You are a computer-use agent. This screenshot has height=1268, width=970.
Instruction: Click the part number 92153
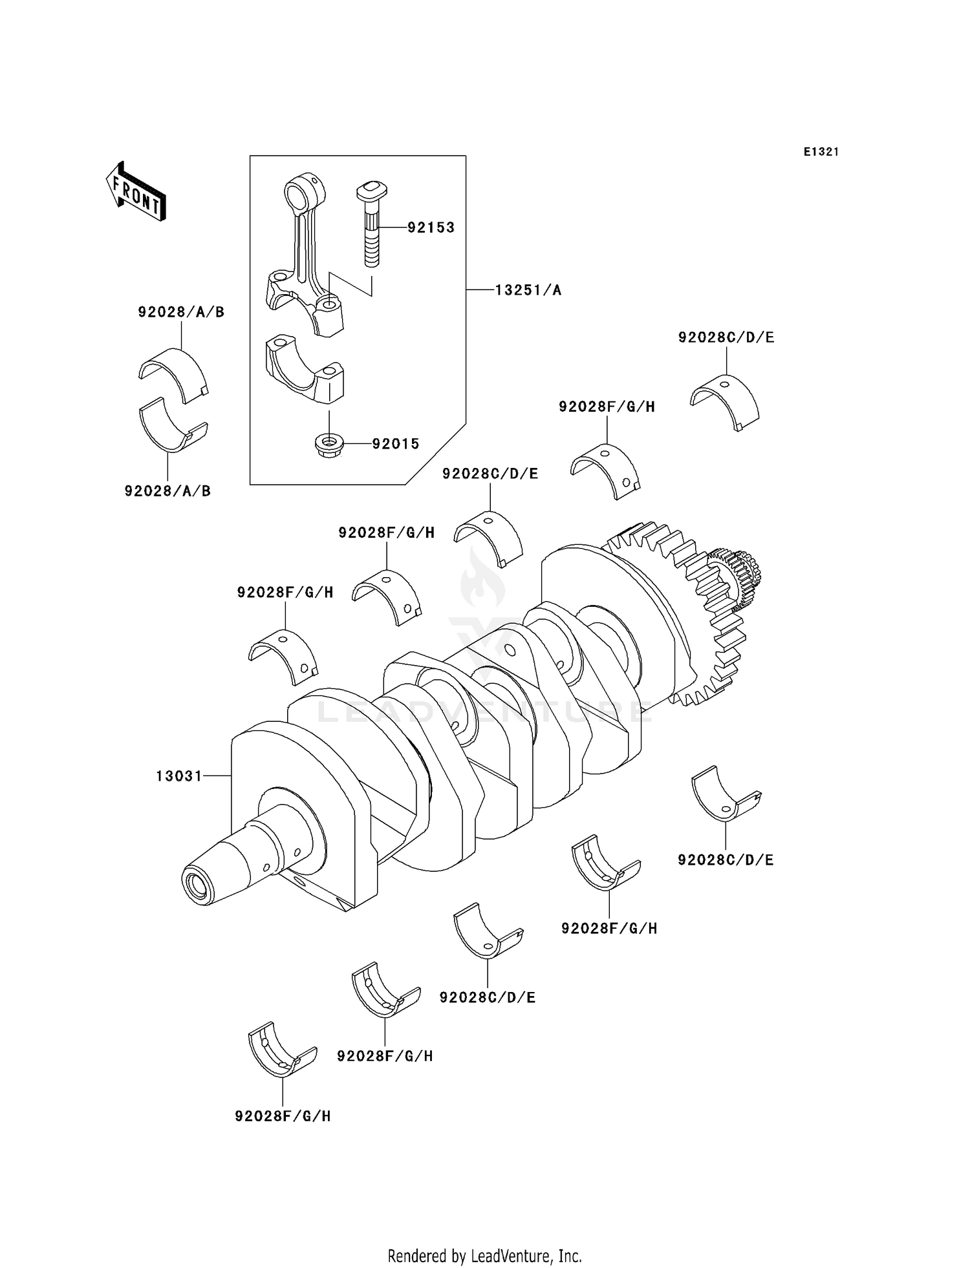click(x=431, y=227)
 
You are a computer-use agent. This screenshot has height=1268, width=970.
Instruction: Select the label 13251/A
click(x=528, y=291)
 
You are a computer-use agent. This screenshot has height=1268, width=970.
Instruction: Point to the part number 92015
click(x=395, y=444)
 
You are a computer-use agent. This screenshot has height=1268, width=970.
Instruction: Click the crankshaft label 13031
click(x=179, y=776)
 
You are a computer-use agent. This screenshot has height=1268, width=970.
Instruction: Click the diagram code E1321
click(x=821, y=152)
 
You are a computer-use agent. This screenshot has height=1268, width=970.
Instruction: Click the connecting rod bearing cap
click(x=304, y=370)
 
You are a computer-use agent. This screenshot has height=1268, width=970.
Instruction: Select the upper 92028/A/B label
click(x=181, y=312)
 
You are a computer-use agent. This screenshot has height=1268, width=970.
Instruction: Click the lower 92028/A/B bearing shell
click(x=172, y=427)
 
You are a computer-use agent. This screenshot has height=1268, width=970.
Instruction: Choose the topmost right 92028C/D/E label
click(x=726, y=337)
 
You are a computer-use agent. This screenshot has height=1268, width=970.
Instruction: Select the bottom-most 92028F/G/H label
click(x=283, y=1116)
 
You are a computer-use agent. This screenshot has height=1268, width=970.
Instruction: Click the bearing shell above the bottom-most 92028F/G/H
click(x=281, y=1050)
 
